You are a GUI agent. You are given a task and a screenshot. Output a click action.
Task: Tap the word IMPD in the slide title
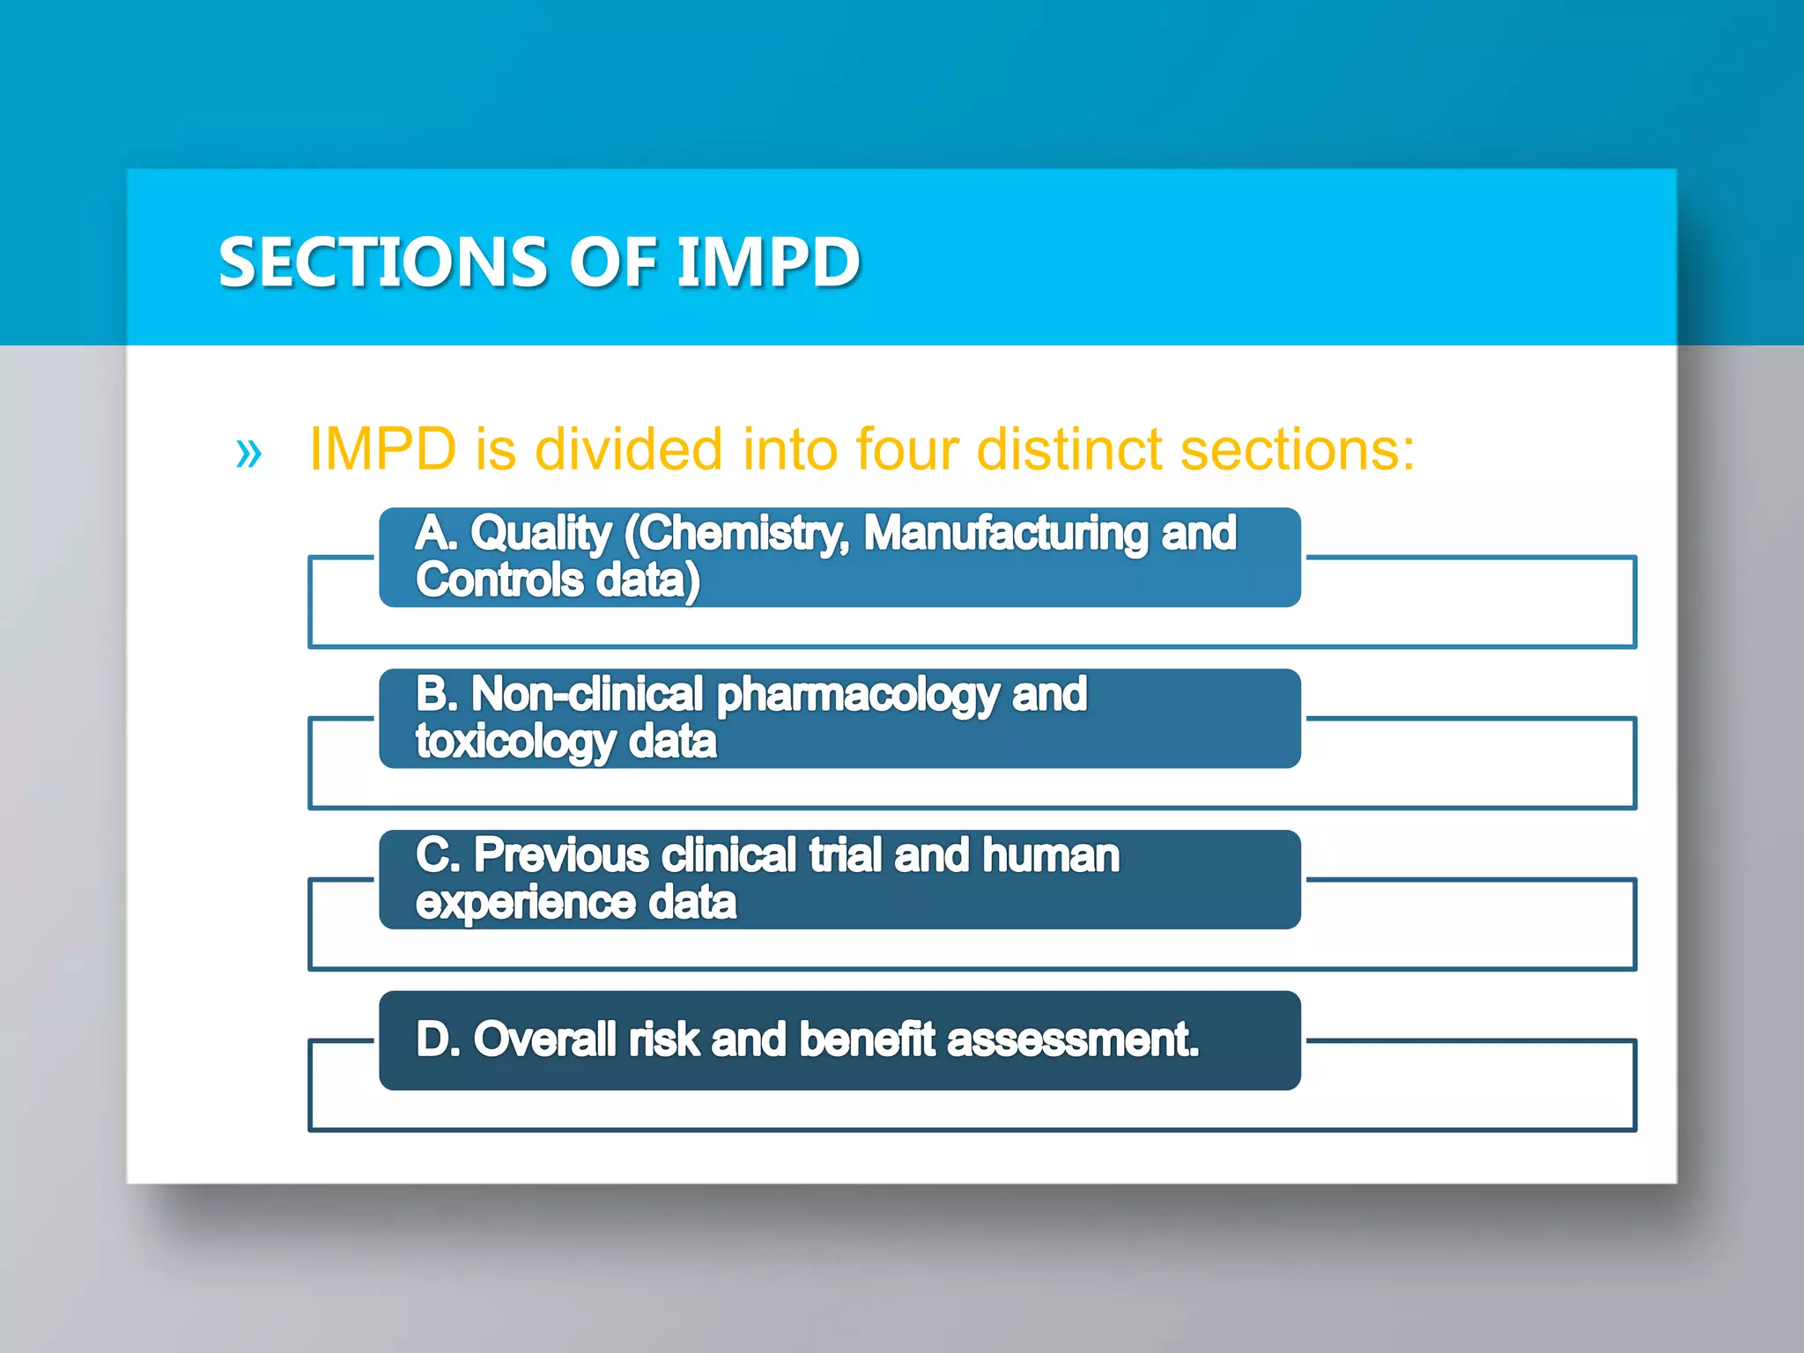pyautogui.click(x=767, y=262)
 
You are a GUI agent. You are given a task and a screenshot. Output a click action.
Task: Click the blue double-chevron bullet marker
pyautogui.click(x=249, y=454)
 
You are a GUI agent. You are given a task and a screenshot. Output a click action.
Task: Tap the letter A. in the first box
pyautogui.click(x=436, y=534)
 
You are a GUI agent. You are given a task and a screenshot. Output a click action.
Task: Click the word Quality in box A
pyautogui.click(x=540, y=534)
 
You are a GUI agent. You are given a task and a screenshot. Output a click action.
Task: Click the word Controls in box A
pyautogui.click(x=499, y=580)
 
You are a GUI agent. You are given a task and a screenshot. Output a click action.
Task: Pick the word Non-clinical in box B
pyautogui.click(x=587, y=694)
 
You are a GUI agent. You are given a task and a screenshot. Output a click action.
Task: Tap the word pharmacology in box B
pyautogui.click(x=858, y=696)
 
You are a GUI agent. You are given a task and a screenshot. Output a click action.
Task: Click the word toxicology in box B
pyautogui.click(x=514, y=743)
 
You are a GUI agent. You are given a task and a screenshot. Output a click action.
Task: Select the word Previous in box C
pyautogui.click(x=561, y=855)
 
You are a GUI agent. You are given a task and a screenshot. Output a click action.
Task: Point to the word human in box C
pyautogui.click(x=1051, y=855)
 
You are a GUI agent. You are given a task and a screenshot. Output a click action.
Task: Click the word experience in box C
pyautogui.click(x=525, y=904)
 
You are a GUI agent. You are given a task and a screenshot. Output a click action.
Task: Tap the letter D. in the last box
pyautogui.click(x=438, y=1039)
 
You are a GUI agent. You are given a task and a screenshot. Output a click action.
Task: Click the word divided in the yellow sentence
pyautogui.click(x=629, y=449)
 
